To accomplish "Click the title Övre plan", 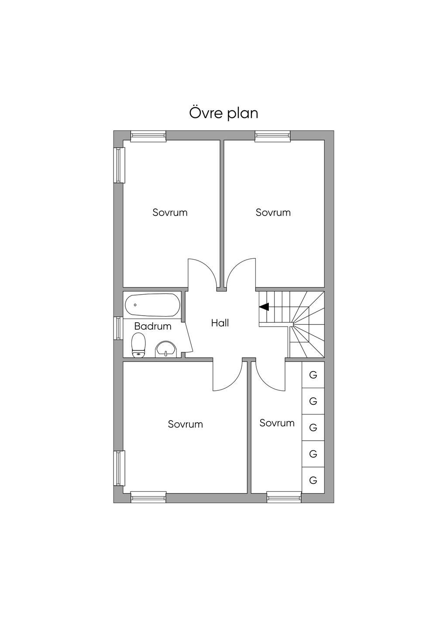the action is (x=223, y=113).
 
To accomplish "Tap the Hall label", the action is (x=220, y=323).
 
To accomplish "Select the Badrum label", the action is (x=153, y=327).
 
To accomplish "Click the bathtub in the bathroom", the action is (x=152, y=305).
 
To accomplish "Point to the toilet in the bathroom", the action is (x=138, y=345).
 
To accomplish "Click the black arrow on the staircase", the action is (x=264, y=306).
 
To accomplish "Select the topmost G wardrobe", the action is (x=313, y=375).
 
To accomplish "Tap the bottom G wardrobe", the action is (x=313, y=480).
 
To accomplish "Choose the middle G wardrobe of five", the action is (x=313, y=428).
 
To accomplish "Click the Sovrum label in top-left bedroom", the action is (x=170, y=212).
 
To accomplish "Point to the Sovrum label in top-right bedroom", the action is (x=273, y=212).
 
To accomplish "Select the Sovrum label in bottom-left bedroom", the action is (x=186, y=424).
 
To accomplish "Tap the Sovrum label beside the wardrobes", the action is (x=277, y=423).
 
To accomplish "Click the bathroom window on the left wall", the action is (x=118, y=328).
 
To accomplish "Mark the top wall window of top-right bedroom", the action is (x=272, y=136).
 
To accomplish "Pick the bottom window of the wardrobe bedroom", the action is (x=284, y=497).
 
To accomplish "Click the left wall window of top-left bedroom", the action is (x=119, y=165).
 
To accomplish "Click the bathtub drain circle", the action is (x=135, y=305).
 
